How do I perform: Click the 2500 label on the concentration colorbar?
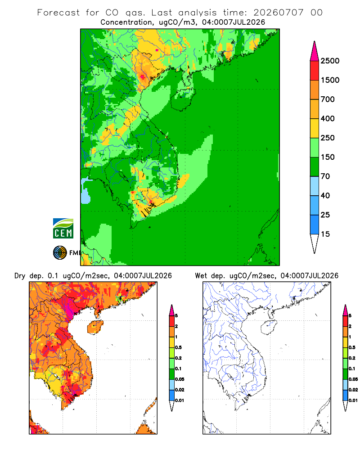(330, 61)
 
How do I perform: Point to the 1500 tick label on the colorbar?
(330, 80)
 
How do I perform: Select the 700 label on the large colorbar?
(328, 99)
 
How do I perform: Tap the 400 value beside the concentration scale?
(328, 118)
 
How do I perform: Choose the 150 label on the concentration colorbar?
(328, 157)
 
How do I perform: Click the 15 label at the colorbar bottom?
(325, 234)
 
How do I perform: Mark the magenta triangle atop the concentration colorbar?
(315, 51)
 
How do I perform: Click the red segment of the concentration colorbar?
(315, 71)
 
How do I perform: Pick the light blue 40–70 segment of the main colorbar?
(315, 186)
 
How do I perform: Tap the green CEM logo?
(63, 229)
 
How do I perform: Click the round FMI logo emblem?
(60, 253)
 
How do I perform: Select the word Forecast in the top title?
(58, 13)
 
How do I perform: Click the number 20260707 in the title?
(278, 13)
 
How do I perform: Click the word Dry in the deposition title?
(20, 276)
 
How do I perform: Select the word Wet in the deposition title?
(201, 276)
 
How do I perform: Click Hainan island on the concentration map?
(183, 99)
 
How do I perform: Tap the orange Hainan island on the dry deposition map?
(95, 327)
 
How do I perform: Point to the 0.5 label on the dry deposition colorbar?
(178, 347)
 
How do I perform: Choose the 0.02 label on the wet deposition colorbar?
(353, 390)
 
